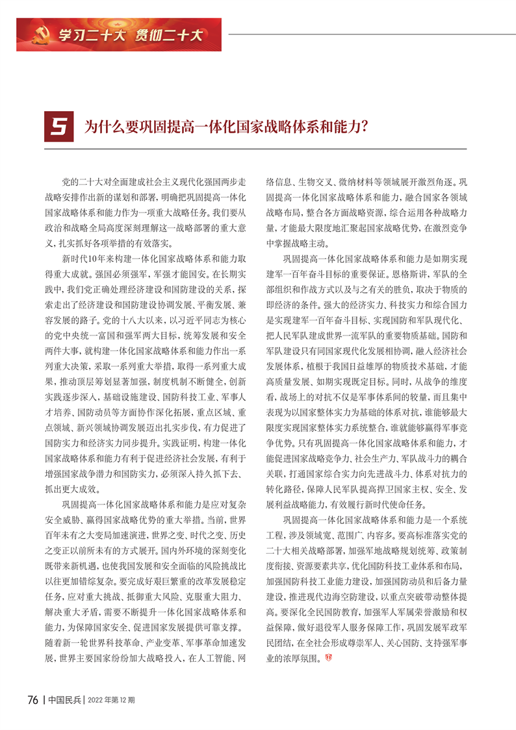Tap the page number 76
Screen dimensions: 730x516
[34, 699]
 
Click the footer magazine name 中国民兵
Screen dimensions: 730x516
[64, 699]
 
